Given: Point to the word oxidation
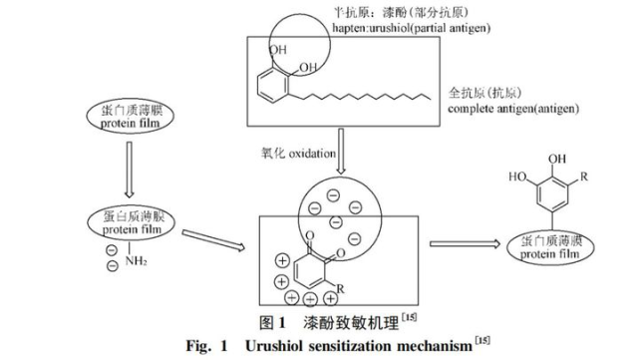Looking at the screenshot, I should [x=304, y=150].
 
